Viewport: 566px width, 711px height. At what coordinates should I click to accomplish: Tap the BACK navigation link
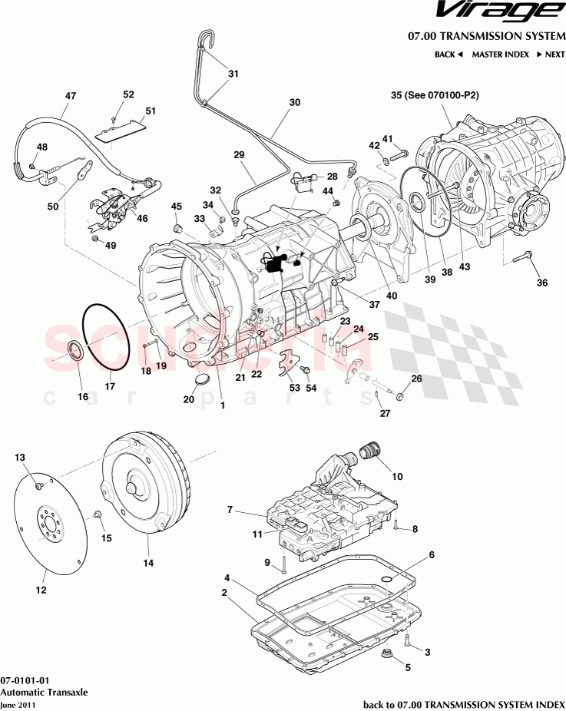[x=448, y=55]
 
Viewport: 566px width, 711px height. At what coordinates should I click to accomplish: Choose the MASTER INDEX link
[x=500, y=55]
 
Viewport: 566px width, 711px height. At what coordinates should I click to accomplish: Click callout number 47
[x=71, y=96]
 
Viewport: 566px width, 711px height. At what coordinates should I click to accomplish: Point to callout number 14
[x=148, y=563]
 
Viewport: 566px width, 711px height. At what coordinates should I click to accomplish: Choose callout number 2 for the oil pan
[x=223, y=592]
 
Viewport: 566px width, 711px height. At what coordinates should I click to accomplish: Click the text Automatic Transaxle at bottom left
[x=44, y=692]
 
